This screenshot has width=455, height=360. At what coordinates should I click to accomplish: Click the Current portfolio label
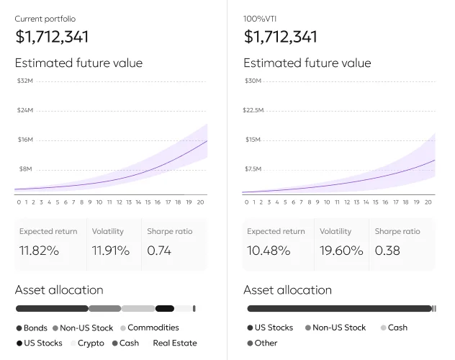point(45,19)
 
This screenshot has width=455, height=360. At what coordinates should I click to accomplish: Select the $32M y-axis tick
point(25,81)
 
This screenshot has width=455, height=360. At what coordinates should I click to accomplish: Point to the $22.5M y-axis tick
point(254,110)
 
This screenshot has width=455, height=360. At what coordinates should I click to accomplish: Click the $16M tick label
point(25,139)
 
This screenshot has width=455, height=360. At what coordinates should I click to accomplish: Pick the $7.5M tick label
point(253,168)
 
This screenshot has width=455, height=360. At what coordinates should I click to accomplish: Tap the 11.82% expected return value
point(39,251)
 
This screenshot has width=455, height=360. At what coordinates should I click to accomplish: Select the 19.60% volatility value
point(341,251)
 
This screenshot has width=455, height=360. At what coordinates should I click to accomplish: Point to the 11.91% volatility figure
point(111,251)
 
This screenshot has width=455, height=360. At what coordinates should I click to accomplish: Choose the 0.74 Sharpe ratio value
point(159,251)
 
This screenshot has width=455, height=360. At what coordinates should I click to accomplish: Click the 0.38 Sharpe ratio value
point(388,251)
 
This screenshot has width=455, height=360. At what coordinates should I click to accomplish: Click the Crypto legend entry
point(91,343)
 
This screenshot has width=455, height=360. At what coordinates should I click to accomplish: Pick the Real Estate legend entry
point(174,343)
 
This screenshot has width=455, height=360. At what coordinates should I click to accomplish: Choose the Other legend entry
point(266,343)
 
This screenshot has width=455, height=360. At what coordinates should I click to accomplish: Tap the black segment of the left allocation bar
point(165,309)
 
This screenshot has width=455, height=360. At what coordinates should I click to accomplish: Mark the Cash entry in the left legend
point(129,343)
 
